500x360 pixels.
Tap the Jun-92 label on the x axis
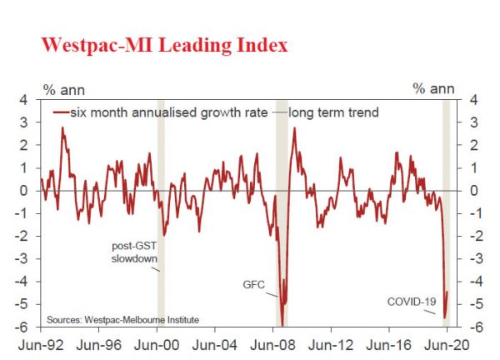pyautogui.click(x=41, y=342)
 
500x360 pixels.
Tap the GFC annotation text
pyautogui.click(x=253, y=285)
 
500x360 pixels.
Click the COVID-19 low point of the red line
pyautogui.click(x=445, y=317)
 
